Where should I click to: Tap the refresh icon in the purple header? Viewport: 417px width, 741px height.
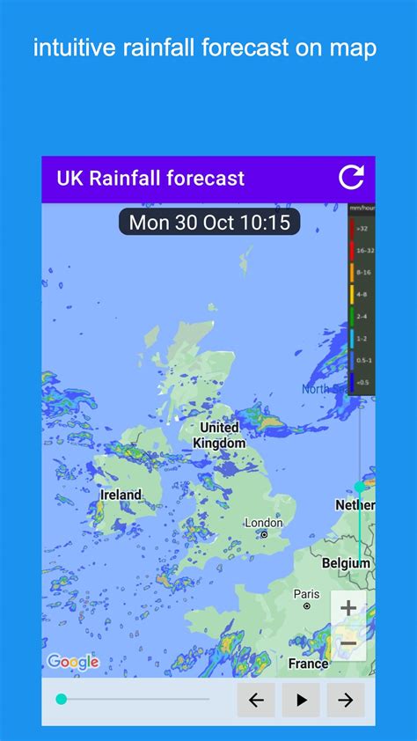[x=351, y=178]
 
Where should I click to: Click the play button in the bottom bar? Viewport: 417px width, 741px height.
[x=301, y=700]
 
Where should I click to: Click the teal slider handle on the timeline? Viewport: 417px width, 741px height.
[x=62, y=700]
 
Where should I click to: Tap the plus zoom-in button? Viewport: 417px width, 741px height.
[x=348, y=607]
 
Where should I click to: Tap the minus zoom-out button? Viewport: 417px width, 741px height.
[x=348, y=643]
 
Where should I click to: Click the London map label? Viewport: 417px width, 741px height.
[x=263, y=523]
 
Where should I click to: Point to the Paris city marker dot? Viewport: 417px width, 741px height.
[x=306, y=605]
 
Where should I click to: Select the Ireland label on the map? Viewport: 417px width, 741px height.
[x=121, y=495]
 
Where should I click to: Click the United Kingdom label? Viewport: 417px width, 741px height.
[x=219, y=436]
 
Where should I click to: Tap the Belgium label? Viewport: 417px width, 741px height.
[x=346, y=563]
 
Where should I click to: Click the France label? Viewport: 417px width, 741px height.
[x=309, y=664]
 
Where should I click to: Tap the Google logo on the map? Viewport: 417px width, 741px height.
[x=72, y=662]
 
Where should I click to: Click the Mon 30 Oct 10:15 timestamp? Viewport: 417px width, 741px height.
[x=209, y=223]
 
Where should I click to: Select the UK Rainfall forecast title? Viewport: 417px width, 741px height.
[x=150, y=179]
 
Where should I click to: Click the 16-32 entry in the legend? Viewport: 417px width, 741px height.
[x=362, y=250]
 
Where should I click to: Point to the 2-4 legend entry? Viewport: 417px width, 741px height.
[x=362, y=315]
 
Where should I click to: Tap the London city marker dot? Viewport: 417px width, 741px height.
[x=263, y=534]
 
